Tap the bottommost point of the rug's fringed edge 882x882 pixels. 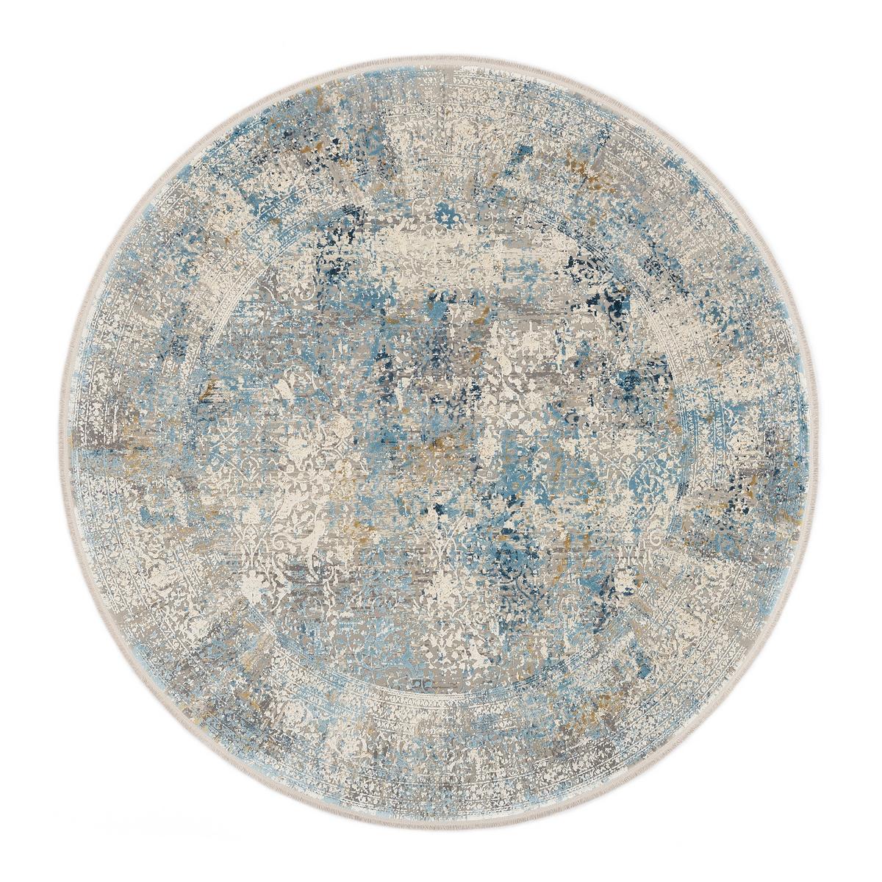pyautogui.click(x=441, y=832)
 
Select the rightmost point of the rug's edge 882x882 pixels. pyautogui.click(x=832, y=441)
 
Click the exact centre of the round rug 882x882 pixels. pyautogui.click(x=441, y=441)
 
